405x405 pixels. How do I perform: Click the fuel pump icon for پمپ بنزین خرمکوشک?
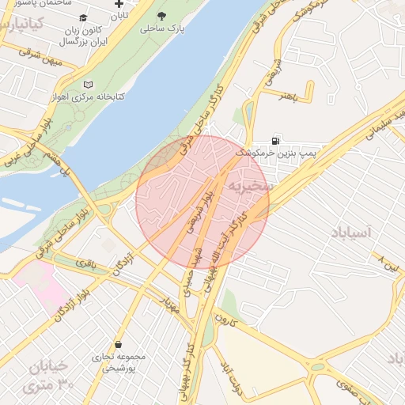click(275, 138)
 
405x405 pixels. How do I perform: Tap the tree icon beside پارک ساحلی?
click(162, 16)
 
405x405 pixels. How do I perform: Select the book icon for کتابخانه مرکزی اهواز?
click(88, 85)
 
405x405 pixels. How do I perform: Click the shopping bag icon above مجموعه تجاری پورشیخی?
click(118, 345)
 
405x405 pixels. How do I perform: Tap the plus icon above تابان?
click(119, 4)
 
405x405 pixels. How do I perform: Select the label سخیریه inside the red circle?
click(251, 185)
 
